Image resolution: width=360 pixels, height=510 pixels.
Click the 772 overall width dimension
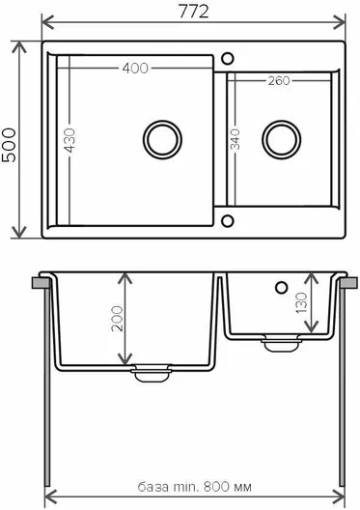(x=193, y=13)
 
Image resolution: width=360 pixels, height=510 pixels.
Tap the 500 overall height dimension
(x=9, y=145)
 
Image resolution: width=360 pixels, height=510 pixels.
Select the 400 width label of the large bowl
(x=135, y=68)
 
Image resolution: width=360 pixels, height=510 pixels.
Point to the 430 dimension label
(x=69, y=140)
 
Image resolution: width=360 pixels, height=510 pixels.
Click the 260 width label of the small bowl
(x=279, y=81)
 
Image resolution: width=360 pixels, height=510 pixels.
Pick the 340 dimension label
(x=235, y=139)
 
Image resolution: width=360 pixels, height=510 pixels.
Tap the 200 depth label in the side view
(x=118, y=319)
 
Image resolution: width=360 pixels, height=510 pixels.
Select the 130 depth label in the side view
(x=301, y=302)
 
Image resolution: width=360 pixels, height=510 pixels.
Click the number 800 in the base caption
(x=216, y=487)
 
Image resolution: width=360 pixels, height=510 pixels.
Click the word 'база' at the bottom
(x=153, y=487)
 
